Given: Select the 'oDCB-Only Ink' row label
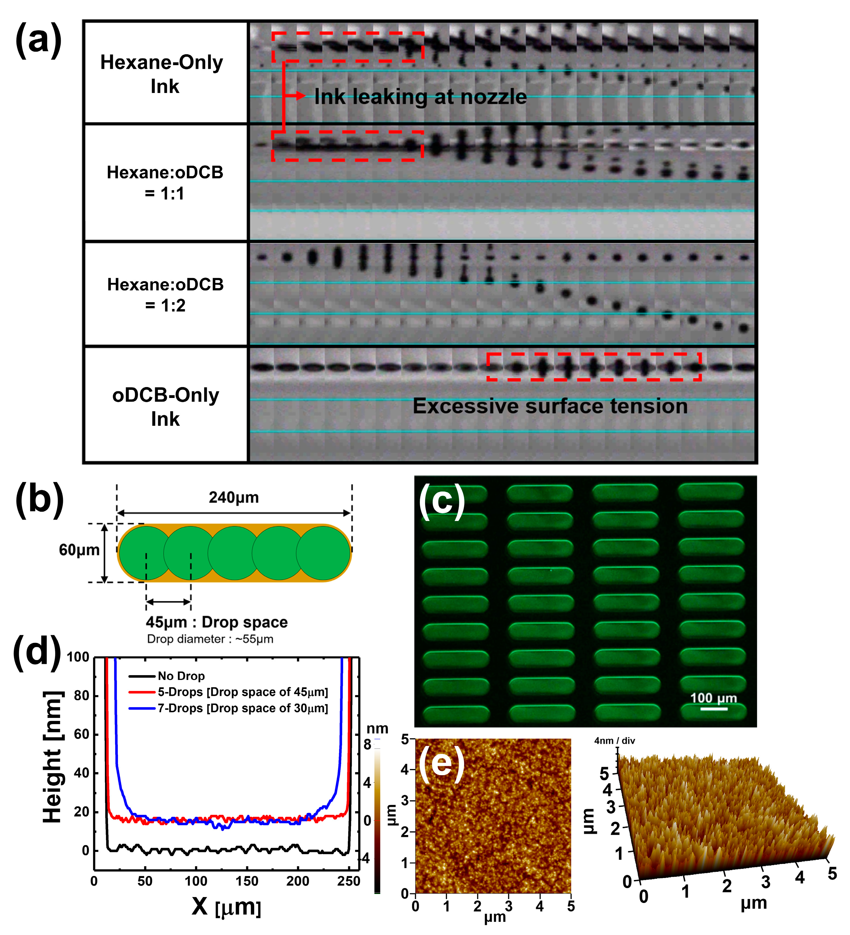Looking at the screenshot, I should (x=165, y=407).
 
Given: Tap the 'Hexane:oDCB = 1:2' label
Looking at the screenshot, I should (x=165, y=295).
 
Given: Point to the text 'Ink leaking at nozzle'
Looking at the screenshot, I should (x=420, y=97).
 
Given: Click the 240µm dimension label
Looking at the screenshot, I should (x=234, y=497).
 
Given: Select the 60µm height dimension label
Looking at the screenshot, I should (x=79, y=550).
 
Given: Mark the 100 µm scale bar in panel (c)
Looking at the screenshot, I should (x=714, y=708).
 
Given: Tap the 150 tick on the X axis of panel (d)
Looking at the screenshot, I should (x=246, y=881).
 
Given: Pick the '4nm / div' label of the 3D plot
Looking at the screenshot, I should (x=614, y=741).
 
